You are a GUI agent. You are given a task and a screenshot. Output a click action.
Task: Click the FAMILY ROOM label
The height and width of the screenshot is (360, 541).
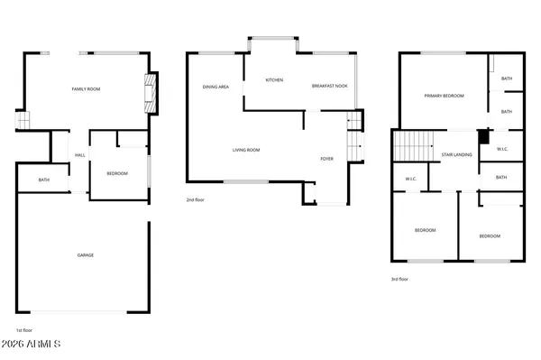[84, 88]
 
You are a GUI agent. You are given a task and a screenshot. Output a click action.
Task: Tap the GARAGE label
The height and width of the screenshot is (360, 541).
[85, 254]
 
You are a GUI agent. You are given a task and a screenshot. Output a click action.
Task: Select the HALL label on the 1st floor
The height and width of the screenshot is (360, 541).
[79, 155]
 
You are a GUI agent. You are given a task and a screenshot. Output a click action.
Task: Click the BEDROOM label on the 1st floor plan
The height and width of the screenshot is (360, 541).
[117, 173]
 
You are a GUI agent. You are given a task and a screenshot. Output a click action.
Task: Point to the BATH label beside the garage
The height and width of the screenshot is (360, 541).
[43, 180]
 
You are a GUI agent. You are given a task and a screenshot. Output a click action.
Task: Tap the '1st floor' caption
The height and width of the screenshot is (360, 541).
[24, 329]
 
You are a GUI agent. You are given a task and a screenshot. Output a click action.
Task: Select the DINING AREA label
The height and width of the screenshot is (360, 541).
[215, 86]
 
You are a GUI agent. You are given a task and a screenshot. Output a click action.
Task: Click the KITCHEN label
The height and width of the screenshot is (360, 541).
[274, 79]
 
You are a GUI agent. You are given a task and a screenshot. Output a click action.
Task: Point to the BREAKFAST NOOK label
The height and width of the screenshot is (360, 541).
[329, 86]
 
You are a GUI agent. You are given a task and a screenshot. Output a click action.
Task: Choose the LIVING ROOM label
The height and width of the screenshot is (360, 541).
[246, 150]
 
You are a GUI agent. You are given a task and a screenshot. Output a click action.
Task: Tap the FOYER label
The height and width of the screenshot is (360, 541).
[326, 159]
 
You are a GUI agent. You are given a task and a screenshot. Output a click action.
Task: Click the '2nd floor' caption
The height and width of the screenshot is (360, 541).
[196, 198]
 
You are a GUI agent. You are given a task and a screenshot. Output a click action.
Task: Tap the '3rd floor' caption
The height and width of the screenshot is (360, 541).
[399, 279]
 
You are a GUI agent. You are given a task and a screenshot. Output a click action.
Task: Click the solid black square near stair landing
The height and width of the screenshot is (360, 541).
[483, 138]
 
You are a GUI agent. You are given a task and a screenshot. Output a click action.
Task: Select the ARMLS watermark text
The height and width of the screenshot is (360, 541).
[32, 345]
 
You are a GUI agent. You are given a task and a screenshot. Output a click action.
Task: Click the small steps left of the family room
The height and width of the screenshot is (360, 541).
[22, 120]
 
